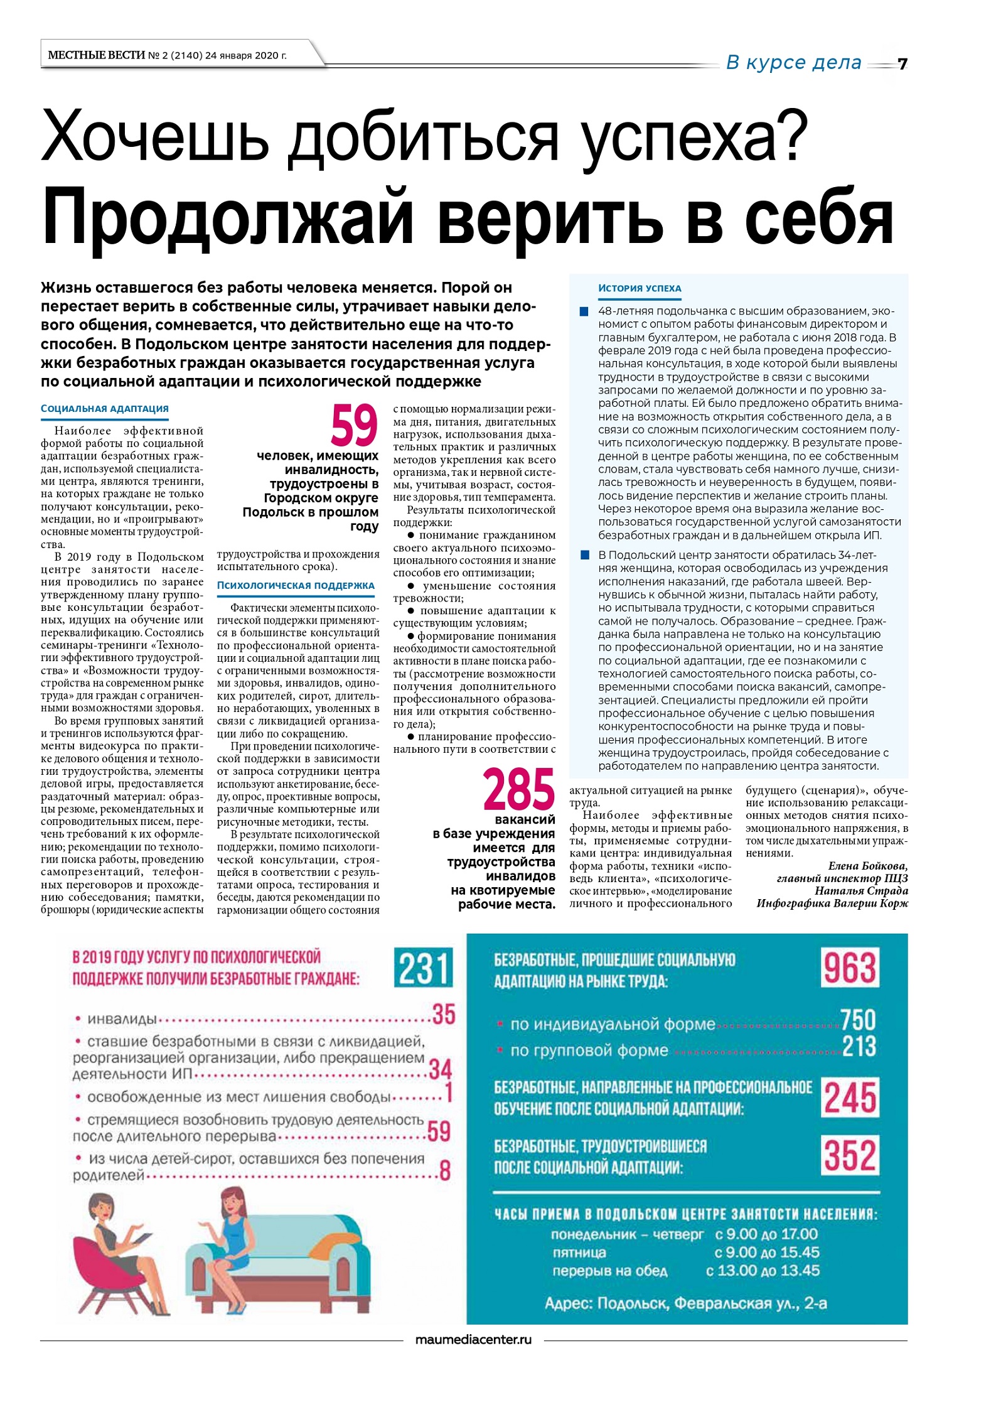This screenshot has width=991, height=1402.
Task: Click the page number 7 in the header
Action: pyautogui.click(x=902, y=64)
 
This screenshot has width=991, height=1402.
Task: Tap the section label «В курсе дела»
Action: pyautogui.click(x=793, y=63)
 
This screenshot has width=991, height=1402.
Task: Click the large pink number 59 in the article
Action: pyautogui.click(x=354, y=426)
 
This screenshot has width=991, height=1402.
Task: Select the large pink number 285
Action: pyautogui.click(x=518, y=789)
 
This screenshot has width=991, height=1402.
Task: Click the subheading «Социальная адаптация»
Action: pyautogui.click(x=105, y=409)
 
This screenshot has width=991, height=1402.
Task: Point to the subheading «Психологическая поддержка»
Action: pyautogui.click(x=296, y=586)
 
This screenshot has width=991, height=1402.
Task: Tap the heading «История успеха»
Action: pyautogui.click(x=639, y=288)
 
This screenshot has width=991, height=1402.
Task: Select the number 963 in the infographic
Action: pyautogui.click(x=849, y=968)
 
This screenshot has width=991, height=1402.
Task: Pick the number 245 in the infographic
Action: pyautogui.click(x=849, y=1097)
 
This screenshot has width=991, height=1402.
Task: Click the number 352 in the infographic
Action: pyautogui.click(x=849, y=1156)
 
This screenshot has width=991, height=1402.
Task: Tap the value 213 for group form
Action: pyautogui.click(x=859, y=1047)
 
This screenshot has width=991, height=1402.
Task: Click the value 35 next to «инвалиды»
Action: pyautogui.click(x=443, y=1015)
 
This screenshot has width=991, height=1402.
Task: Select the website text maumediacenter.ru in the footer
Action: pyautogui.click(x=473, y=1339)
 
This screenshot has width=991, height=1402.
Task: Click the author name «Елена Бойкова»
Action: pyautogui.click(x=867, y=866)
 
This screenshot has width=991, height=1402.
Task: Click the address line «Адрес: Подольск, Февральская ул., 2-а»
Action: pyautogui.click(x=685, y=1303)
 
